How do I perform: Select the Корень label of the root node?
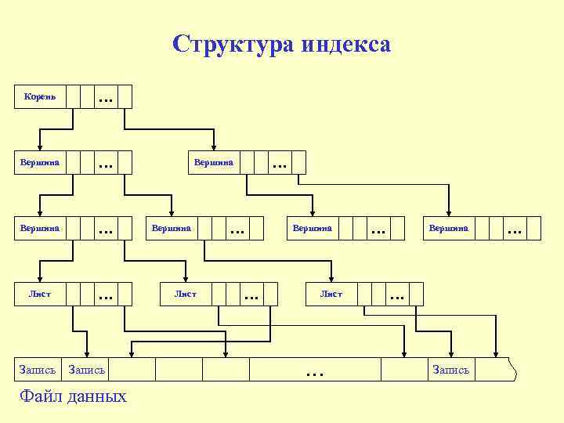[x=39, y=96]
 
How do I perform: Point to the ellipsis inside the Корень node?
[x=105, y=99]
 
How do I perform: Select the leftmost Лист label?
[x=39, y=294]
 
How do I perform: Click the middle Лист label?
[x=185, y=294]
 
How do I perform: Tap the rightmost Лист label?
[x=331, y=294]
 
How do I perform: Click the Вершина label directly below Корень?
[x=39, y=162]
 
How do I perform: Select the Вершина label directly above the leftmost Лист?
[x=39, y=228]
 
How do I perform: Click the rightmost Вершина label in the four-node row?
[x=449, y=228]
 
